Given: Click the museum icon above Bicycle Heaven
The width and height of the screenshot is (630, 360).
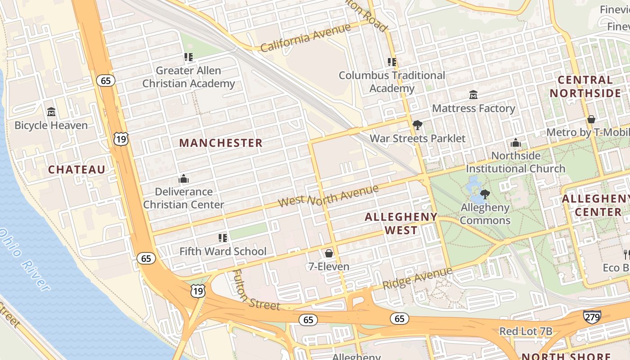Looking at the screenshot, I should click(51, 112).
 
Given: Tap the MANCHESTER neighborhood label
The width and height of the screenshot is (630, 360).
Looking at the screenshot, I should click(220, 143).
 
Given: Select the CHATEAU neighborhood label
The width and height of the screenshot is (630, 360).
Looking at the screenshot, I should click(76, 170).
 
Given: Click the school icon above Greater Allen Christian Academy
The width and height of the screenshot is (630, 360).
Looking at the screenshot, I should click(188, 57).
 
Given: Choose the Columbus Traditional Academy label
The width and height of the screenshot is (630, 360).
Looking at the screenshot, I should click(391, 81).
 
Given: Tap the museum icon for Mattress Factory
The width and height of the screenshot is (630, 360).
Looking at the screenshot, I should click(473, 95).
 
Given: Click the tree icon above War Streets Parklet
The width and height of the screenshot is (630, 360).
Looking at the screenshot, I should click(417, 125).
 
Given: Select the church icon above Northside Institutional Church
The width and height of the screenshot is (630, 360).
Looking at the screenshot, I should click(516, 143).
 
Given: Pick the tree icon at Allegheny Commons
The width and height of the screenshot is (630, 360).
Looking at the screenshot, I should click(485, 194).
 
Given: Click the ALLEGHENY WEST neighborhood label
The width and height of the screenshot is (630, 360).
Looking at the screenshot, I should click(400, 224).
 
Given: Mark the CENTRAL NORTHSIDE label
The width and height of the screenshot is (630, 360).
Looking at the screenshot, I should click(585, 87).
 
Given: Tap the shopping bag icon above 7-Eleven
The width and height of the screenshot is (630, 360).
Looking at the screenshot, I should click(329, 253).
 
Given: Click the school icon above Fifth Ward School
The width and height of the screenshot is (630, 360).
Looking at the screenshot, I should click(222, 238).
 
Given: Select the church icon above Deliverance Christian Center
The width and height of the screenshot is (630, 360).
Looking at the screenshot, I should click(183, 179).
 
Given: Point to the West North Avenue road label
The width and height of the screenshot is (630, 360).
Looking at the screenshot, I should click(328, 196).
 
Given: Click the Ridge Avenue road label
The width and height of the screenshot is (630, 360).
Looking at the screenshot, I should click(417, 279).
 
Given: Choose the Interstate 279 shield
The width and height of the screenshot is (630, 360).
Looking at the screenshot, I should click(592, 317).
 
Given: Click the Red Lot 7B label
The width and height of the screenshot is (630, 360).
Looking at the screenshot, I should click(526, 332).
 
